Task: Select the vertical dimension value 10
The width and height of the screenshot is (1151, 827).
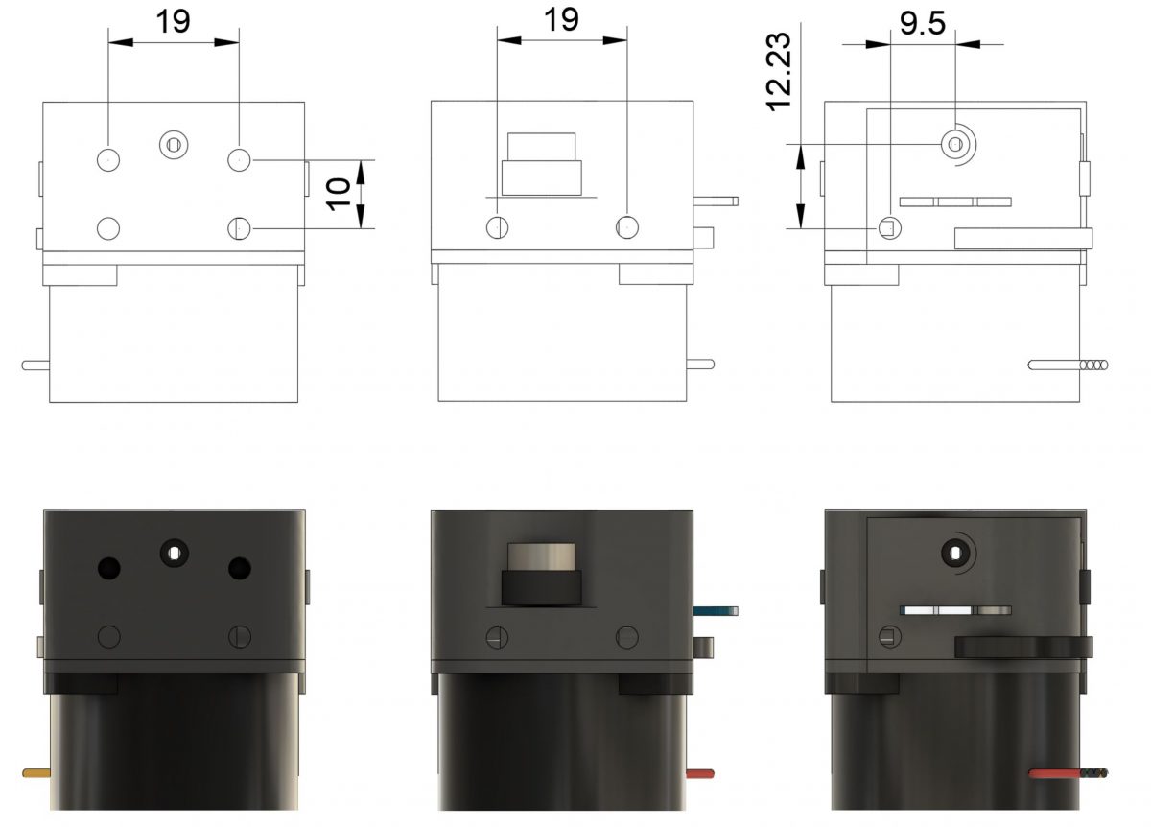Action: point(339,195)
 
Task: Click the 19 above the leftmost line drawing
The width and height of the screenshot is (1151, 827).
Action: point(173,21)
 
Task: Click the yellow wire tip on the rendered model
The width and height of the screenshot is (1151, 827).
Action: point(36,772)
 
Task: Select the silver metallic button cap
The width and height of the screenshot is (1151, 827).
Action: point(542,556)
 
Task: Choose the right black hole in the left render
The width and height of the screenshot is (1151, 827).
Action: point(239,569)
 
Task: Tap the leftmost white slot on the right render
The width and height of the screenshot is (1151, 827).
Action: point(918,610)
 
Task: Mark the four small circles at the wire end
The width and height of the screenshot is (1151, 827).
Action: point(1094,366)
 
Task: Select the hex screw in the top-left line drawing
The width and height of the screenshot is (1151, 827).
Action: point(174,145)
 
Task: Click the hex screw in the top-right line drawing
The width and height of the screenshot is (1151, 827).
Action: point(955,144)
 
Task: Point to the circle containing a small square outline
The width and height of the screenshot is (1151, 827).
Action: point(890,227)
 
